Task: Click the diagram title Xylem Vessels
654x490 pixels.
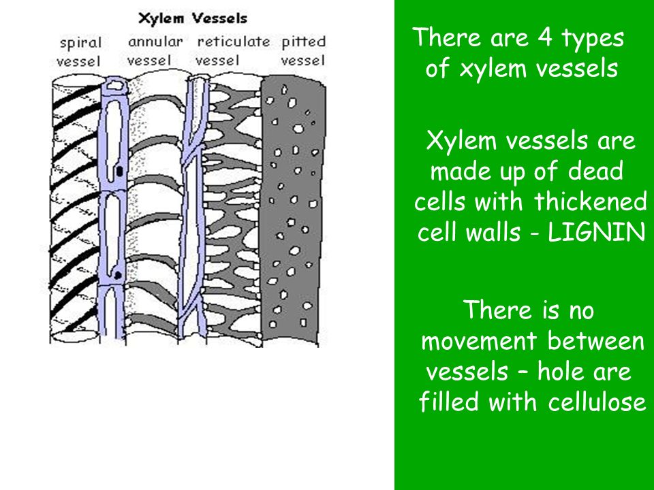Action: coord(193,19)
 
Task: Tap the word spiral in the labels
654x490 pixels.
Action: coord(81,43)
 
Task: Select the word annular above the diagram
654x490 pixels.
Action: coord(155,42)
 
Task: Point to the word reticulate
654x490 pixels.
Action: coord(234,42)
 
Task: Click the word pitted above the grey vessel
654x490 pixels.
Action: coord(304,42)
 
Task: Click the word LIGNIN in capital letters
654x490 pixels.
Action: coord(597,232)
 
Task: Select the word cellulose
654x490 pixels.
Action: coord(597,402)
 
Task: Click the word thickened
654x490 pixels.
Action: coord(590,201)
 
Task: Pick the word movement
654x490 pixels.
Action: coord(478,341)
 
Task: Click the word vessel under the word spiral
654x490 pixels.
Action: coord(79,62)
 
